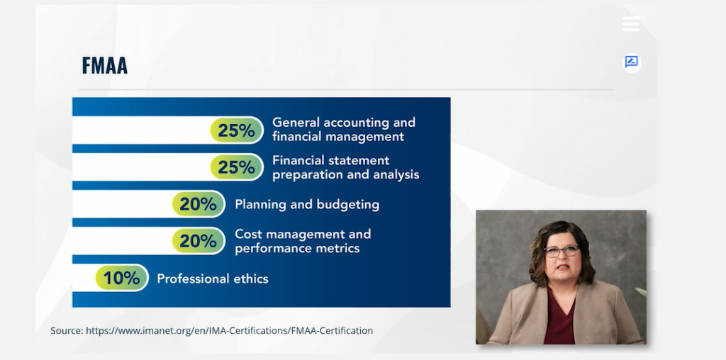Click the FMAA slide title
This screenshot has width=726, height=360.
point(105,65)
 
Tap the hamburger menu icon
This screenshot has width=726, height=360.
point(630,24)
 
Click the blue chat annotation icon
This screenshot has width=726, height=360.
point(632,62)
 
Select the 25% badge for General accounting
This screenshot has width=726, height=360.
point(237,130)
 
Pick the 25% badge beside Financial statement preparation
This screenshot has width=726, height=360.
point(237,167)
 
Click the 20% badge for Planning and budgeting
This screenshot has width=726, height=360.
point(199,204)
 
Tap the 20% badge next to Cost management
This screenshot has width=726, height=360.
point(199,241)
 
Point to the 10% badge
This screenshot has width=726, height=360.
point(122,278)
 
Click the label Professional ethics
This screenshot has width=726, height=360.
point(213,279)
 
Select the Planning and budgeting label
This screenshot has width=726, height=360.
point(307,205)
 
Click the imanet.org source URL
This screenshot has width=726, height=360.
point(229,331)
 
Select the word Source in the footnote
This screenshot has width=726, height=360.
point(67,331)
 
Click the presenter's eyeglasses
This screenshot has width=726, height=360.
point(562,250)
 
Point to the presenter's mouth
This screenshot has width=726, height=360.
point(562,267)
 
